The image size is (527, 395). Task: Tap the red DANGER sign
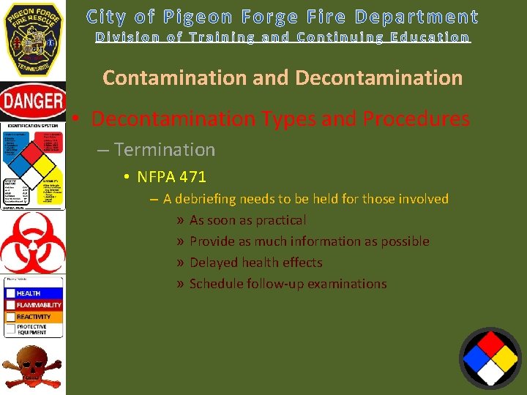pyautogui.click(x=33, y=102)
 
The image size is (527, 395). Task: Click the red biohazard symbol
pyautogui.click(x=32, y=242)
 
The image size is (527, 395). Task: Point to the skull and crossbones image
pyautogui.click(x=32, y=368)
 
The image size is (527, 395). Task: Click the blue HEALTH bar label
pyautogui.click(x=29, y=293)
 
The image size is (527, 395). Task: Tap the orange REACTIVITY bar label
pyautogui.click(x=34, y=317)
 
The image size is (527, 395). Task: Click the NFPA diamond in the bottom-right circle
pyautogui.click(x=490, y=358)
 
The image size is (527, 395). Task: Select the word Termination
pyautogui.click(x=165, y=150)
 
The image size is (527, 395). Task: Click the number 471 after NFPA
pyautogui.click(x=192, y=176)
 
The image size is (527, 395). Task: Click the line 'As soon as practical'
pyautogui.click(x=247, y=220)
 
